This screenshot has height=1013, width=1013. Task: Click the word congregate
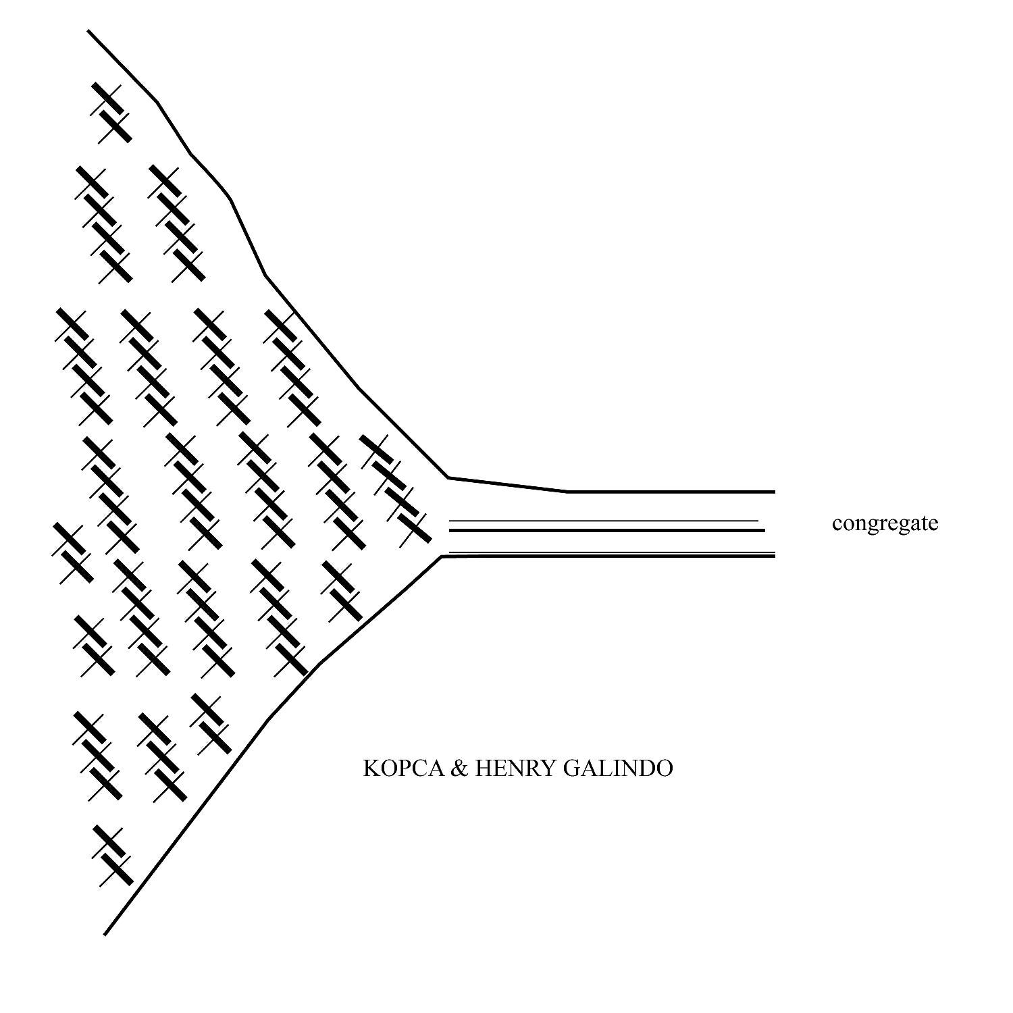coord(885,524)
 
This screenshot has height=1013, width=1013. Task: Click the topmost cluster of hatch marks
coord(111,113)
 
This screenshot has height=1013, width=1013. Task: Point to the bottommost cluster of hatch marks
coord(113,855)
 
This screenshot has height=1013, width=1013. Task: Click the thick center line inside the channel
coord(607,530)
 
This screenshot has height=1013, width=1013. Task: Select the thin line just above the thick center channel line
coord(604,521)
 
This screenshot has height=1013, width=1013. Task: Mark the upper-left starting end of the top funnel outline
coord(88,30)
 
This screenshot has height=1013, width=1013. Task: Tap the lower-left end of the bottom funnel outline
coord(105,935)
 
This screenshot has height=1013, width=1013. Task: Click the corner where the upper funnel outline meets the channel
coord(448,478)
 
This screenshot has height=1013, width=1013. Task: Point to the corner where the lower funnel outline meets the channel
coord(443,556)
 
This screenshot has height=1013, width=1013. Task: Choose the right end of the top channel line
coord(775,492)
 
